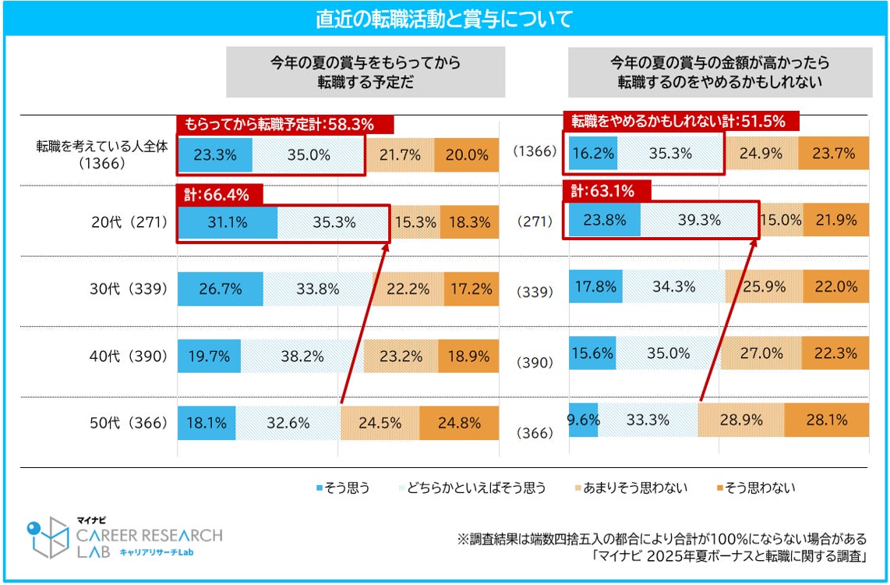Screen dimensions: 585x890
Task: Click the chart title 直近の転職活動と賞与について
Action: tap(444, 19)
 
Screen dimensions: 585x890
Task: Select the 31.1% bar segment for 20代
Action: tap(228, 222)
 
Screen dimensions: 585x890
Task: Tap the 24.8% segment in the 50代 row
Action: tap(459, 424)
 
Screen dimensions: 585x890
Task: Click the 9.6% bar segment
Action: tap(582, 420)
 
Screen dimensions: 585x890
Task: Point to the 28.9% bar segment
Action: tap(741, 420)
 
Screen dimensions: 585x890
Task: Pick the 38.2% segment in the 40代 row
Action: tap(302, 356)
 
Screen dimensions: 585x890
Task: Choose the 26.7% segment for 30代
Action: tap(221, 289)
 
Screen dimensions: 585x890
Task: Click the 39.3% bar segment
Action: tap(699, 220)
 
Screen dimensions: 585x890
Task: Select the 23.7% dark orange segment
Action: tap(835, 154)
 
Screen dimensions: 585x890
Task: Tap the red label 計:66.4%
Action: tap(219, 194)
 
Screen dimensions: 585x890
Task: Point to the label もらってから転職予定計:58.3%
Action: tap(284, 124)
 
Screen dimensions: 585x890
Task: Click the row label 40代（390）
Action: tap(130, 356)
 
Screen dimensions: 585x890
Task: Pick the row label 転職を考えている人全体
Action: tap(101, 146)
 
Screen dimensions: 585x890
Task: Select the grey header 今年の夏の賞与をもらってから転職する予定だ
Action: tap(366, 71)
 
